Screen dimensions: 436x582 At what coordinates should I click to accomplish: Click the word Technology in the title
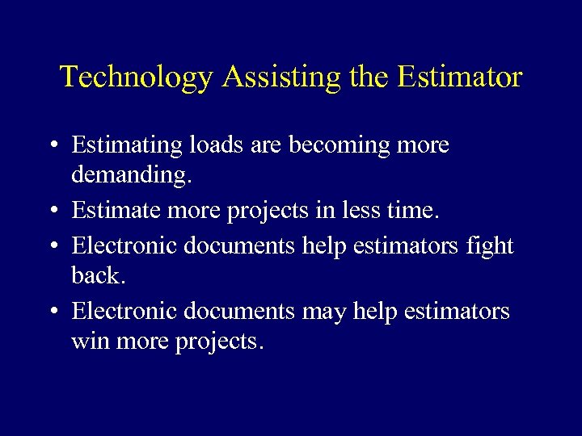(137, 78)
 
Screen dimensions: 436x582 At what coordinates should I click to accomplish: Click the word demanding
(129, 175)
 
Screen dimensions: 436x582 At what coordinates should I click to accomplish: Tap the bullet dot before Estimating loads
(52, 147)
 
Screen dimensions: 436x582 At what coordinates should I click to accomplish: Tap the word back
(97, 275)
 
